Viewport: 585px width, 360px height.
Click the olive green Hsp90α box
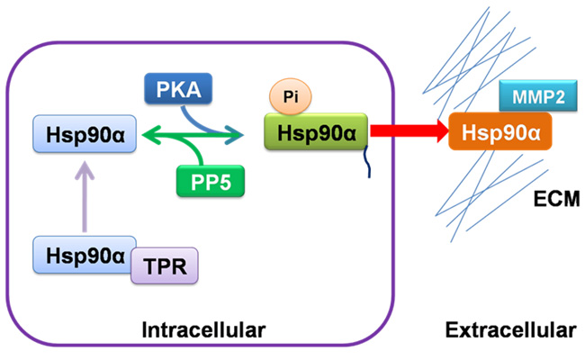tap(316, 132)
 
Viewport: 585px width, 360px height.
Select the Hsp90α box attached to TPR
tap(83, 255)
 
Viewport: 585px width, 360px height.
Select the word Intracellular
tap(204, 332)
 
